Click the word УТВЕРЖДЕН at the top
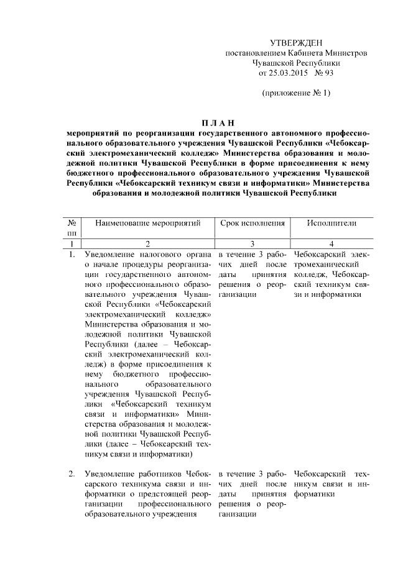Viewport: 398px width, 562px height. pos(296,42)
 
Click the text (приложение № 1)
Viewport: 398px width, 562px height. pos(295,94)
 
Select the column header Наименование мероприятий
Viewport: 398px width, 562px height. pos(148,222)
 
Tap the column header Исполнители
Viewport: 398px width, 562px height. pos(331,222)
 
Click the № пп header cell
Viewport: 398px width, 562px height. pos(72,227)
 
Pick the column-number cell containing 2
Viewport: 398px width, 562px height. pos(148,243)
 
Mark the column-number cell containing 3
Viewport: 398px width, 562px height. pos(252,243)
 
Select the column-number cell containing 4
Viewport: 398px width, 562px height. pos(331,243)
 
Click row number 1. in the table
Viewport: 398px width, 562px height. pos(72,254)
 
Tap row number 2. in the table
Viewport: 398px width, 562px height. pos(72,474)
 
